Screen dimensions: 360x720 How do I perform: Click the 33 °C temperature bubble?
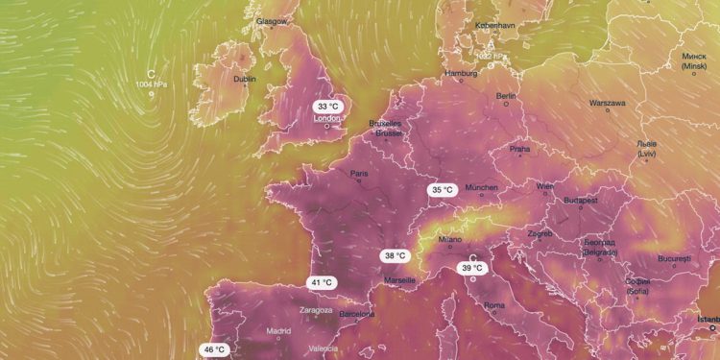pyautogui.click(x=328, y=106)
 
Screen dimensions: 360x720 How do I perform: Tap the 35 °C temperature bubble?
pyautogui.click(x=442, y=190)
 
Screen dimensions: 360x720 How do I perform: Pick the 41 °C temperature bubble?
pyautogui.click(x=321, y=282)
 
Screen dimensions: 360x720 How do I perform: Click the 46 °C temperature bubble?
pyautogui.click(x=213, y=349)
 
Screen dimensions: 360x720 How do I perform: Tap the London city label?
pyautogui.click(x=328, y=119)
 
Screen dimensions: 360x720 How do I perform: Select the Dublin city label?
pyautogui.click(x=245, y=81)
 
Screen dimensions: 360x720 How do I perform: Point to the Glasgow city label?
pyautogui.click(x=272, y=20)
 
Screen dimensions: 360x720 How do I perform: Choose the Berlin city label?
pyautogui.click(x=507, y=97)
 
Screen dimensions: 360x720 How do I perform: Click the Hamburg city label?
pyautogui.click(x=461, y=74)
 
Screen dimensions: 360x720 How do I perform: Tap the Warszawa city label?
pyautogui.click(x=608, y=103)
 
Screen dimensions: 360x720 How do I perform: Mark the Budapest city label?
pyautogui.click(x=582, y=201)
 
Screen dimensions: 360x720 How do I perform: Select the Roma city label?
pyautogui.click(x=494, y=306)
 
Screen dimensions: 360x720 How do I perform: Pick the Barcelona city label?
pyautogui.click(x=356, y=314)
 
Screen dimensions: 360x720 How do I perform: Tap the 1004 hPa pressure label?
pyautogui.click(x=152, y=84)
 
